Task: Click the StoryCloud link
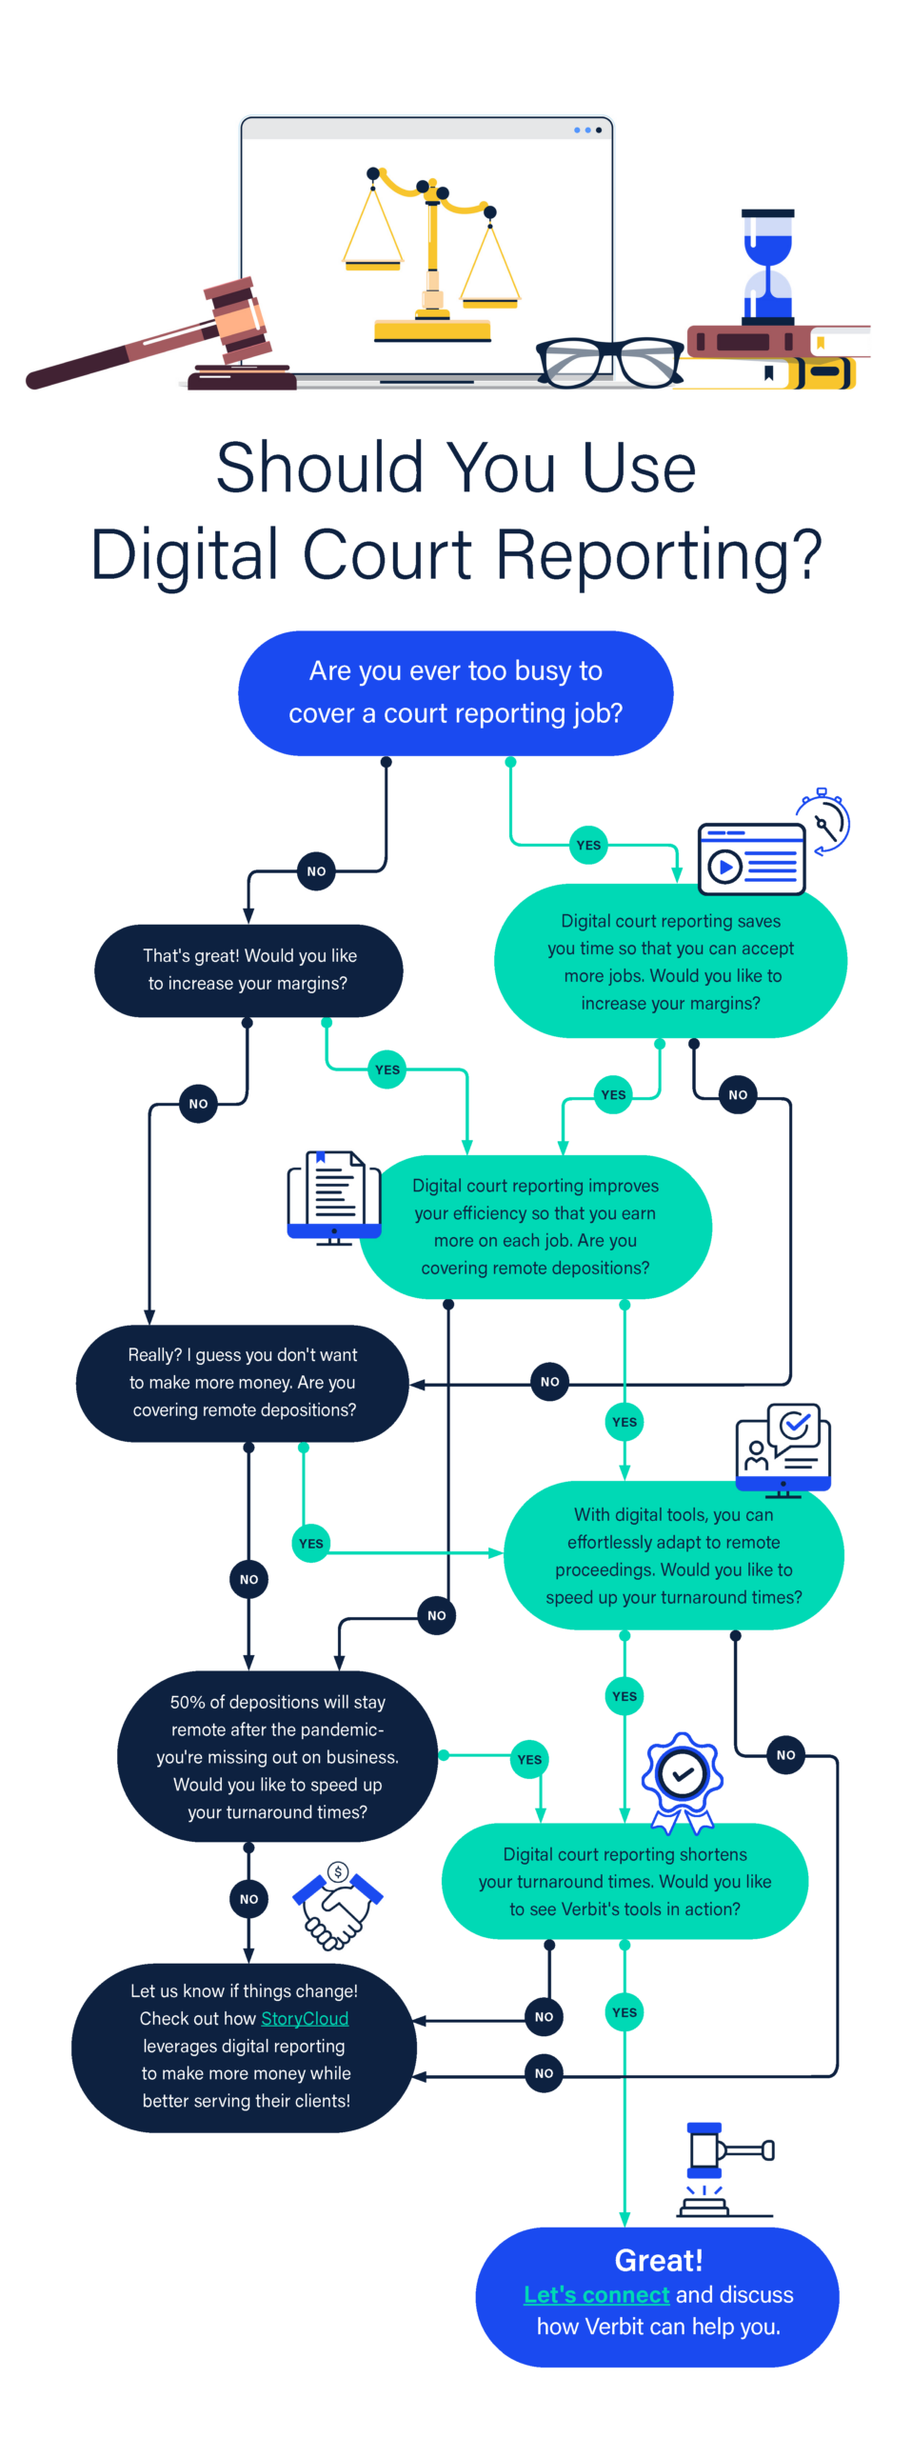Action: [305, 2018]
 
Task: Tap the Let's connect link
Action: [597, 2294]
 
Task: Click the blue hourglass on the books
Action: [767, 268]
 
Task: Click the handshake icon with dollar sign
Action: [337, 1905]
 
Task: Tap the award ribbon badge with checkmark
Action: [682, 1782]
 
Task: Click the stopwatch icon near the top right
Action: [823, 821]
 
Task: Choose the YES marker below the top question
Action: [588, 845]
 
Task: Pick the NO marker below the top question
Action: [316, 870]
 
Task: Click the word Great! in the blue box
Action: [659, 2260]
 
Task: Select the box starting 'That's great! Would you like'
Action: [248, 969]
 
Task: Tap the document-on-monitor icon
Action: [334, 1197]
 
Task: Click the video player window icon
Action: [751, 859]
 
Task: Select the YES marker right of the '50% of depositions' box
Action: [529, 1759]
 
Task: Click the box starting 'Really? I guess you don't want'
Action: [243, 1382]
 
